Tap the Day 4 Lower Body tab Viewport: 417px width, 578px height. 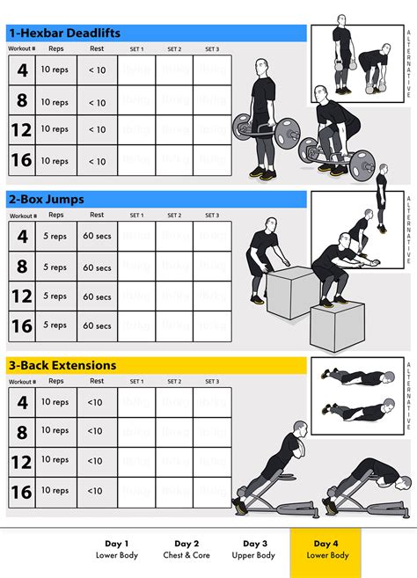pos(326,549)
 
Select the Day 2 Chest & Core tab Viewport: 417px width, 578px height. pos(187,549)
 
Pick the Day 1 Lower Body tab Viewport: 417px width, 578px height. pos(116,549)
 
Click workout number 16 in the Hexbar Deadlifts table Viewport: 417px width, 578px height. pos(23,161)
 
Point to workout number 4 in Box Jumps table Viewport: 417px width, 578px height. pos(23,238)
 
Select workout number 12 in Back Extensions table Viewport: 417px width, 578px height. pos(23,462)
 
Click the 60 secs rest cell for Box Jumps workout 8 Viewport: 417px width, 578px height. pos(97,267)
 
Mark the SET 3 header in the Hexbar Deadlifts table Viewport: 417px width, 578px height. pos(212,49)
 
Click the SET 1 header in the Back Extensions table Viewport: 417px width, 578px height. pos(136,382)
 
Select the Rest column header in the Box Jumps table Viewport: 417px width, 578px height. pos(97,215)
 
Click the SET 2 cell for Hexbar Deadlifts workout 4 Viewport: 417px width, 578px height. pos(174,70)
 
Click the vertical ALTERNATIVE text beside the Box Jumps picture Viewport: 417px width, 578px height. pos(408,230)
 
